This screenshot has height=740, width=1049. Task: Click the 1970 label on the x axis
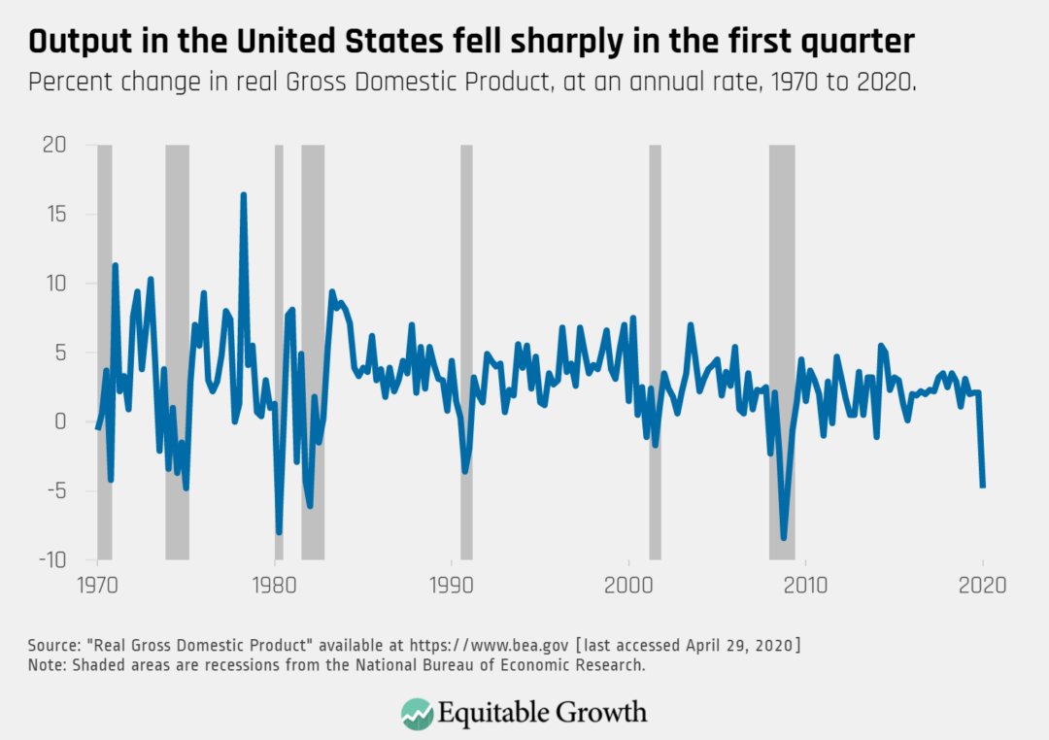[97, 587]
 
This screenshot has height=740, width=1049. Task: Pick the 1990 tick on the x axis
[452, 587]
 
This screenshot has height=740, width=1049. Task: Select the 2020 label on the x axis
[983, 587]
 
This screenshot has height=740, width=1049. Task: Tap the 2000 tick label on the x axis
[628, 587]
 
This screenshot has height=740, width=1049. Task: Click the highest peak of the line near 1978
[244, 194]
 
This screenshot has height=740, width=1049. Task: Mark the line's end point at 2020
[983, 487]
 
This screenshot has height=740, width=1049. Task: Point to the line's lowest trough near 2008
[784, 537]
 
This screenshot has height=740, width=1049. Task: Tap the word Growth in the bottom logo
[601, 712]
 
